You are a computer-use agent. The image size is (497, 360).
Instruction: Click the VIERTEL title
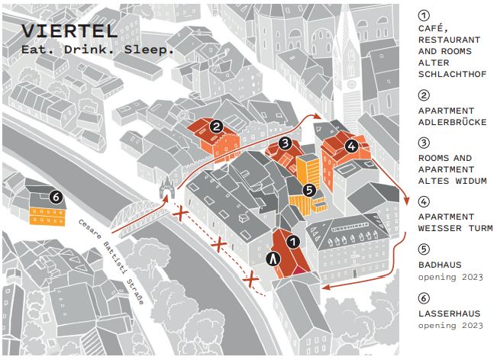pos(69,31)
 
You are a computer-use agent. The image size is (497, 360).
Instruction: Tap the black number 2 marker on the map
pos(217,127)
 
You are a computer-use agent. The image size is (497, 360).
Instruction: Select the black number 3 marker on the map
pos(286,143)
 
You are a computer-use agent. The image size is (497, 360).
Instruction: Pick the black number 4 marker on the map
pos(351,146)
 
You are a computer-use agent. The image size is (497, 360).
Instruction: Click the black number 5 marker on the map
pos(309,190)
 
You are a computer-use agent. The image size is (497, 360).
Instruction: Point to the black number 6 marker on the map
pos(56,197)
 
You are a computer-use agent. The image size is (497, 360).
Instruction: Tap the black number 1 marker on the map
pos(293,242)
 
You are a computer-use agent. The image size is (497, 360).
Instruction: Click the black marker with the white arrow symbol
pos(273,259)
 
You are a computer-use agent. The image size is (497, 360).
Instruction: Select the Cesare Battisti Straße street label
pos(111,262)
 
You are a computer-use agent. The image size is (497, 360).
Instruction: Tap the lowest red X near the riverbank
pos(251,279)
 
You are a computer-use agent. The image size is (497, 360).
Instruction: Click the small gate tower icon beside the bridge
pos(166,188)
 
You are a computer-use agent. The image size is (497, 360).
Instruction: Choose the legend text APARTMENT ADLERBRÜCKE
pos(452,117)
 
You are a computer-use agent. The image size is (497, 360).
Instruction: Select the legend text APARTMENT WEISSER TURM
pos(456,223)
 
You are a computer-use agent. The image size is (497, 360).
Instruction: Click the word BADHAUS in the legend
pos(440,265)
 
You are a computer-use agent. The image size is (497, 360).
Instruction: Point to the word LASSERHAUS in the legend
pos(450,313)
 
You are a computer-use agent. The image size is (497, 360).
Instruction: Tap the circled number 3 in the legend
pos(424,143)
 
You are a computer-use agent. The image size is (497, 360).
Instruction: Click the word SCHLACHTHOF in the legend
pos(452,74)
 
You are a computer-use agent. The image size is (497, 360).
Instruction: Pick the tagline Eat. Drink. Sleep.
pos(98,50)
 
